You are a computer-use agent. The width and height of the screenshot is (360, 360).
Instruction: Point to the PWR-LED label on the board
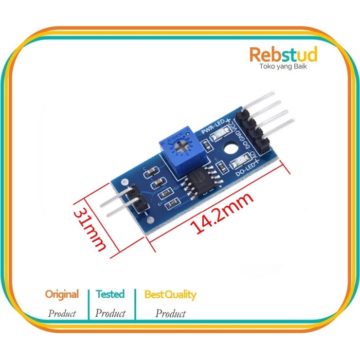coord(212,129)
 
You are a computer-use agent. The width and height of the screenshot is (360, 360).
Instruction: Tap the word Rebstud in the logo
coord(283,55)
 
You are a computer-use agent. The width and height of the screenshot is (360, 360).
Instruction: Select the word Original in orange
coord(62,295)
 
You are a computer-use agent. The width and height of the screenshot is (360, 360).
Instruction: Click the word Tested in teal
coord(110,294)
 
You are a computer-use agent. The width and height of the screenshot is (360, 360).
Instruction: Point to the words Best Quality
coord(170,295)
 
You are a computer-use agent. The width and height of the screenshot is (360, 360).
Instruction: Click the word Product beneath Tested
coord(111,313)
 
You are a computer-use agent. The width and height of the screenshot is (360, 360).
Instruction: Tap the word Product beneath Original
coord(62,313)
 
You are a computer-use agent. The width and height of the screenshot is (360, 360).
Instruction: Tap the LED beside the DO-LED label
coord(238,164)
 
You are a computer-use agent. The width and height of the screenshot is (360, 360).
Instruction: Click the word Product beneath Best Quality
coord(170,313)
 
